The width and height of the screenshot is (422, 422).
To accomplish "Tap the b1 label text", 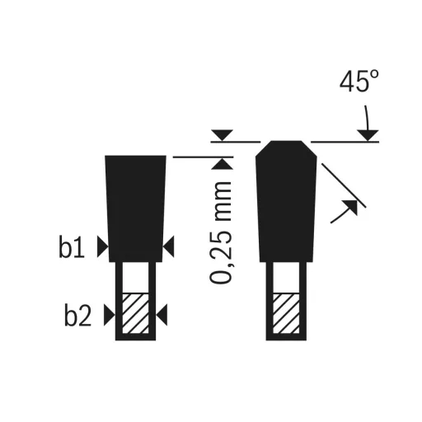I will (x=73, y=247).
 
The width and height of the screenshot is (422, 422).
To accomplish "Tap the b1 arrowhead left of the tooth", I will (x=101, y=245).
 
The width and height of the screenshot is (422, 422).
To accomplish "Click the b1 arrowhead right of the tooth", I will (x=169, y=245).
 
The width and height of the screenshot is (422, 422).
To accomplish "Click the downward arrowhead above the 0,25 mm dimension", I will (x=221, y=134).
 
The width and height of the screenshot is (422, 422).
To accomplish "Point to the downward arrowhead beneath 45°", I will (x=367, y=134).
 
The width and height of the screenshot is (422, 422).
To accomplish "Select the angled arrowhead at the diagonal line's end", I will (x=351, y=209).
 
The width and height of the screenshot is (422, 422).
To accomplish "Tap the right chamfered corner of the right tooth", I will (x=312, y=150).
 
